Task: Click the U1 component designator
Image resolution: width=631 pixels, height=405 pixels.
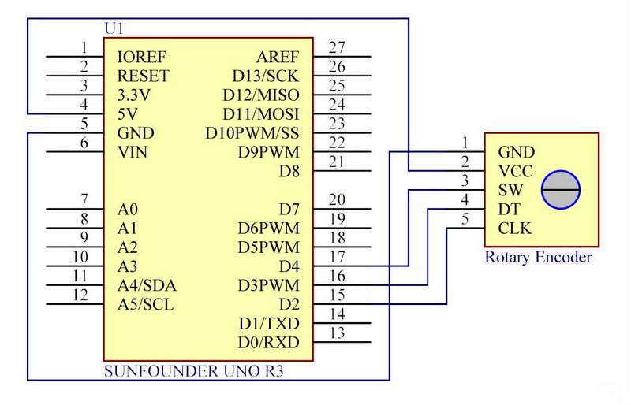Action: point(114,28)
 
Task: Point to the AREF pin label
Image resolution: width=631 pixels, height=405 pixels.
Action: point(278,58)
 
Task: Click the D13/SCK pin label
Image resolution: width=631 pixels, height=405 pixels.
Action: point(266,76)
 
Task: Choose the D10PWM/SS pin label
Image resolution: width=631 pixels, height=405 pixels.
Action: point(252,133)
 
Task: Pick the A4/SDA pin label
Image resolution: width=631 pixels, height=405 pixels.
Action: point(146,285)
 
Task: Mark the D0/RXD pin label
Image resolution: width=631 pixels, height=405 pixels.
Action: point(268,342)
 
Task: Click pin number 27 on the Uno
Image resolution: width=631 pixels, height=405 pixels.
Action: point(338,48)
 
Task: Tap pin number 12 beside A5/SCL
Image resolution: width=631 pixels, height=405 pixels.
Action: point(80,295)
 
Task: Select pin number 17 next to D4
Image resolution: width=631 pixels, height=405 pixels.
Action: point(338,257)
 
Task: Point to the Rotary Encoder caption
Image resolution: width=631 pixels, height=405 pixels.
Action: point(538,257)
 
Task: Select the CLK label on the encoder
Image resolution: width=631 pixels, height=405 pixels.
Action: point(515,229)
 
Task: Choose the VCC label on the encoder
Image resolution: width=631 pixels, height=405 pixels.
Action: point(515,172)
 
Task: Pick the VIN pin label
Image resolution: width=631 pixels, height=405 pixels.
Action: point(132,152)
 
